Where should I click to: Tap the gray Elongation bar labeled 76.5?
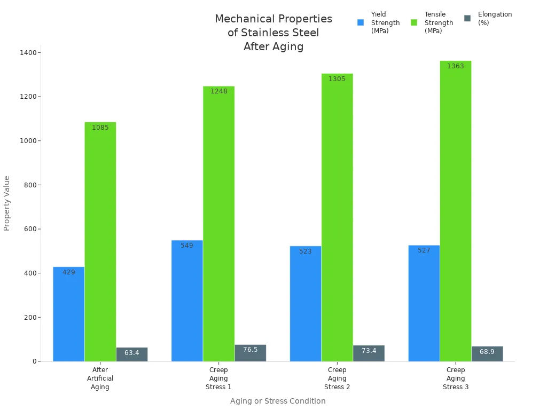click(x=250, y=353)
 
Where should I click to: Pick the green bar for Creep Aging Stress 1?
click(x=218, y=224)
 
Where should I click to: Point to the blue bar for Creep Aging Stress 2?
click(x=306, y=304)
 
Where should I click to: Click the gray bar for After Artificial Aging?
click(x=132, y=354)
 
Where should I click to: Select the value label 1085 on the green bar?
click(x=100, y=128)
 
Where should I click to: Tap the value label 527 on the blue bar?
click(x=424, y=250)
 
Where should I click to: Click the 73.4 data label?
click(x=369, y=351)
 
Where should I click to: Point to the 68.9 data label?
click(x=487, y=352)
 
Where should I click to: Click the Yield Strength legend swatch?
click(x=361, y=22)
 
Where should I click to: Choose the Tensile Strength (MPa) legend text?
click(x=439, y=22)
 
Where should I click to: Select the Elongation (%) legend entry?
click(x=495, y=19)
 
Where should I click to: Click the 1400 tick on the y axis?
click(x=29, y=53)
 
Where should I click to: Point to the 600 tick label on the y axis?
click(x=30, y=229)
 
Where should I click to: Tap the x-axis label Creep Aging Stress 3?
click(x=456, y=378)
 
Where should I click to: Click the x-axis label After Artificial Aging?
click(x=100, y=378)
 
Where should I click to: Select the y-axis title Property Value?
click(x=7, y=203)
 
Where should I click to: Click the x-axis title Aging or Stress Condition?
click(x=278, y=401)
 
